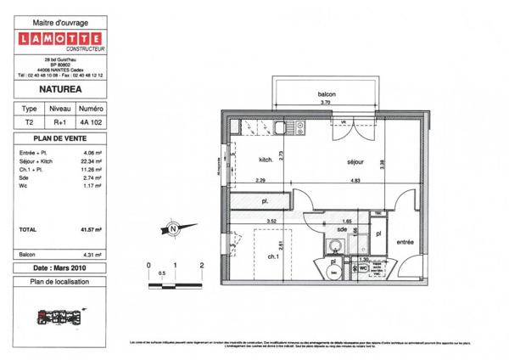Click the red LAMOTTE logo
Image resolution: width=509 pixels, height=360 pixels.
pos(61,38)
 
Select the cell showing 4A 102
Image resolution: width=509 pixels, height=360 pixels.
pos(91,122)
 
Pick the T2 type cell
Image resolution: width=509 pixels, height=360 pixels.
pos(29,122)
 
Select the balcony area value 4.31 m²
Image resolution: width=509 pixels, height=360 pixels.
pos(92,254)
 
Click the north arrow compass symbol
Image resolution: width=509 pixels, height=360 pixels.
pos(172,228)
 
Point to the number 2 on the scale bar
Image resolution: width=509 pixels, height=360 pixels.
pos(201,265)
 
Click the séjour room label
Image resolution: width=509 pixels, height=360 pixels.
pos(355,161)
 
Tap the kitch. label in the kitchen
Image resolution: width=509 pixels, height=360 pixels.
pos(265,160)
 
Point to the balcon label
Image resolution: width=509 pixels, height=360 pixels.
pos(324,95)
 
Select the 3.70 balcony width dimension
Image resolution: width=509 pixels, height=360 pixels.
pos(324,103)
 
